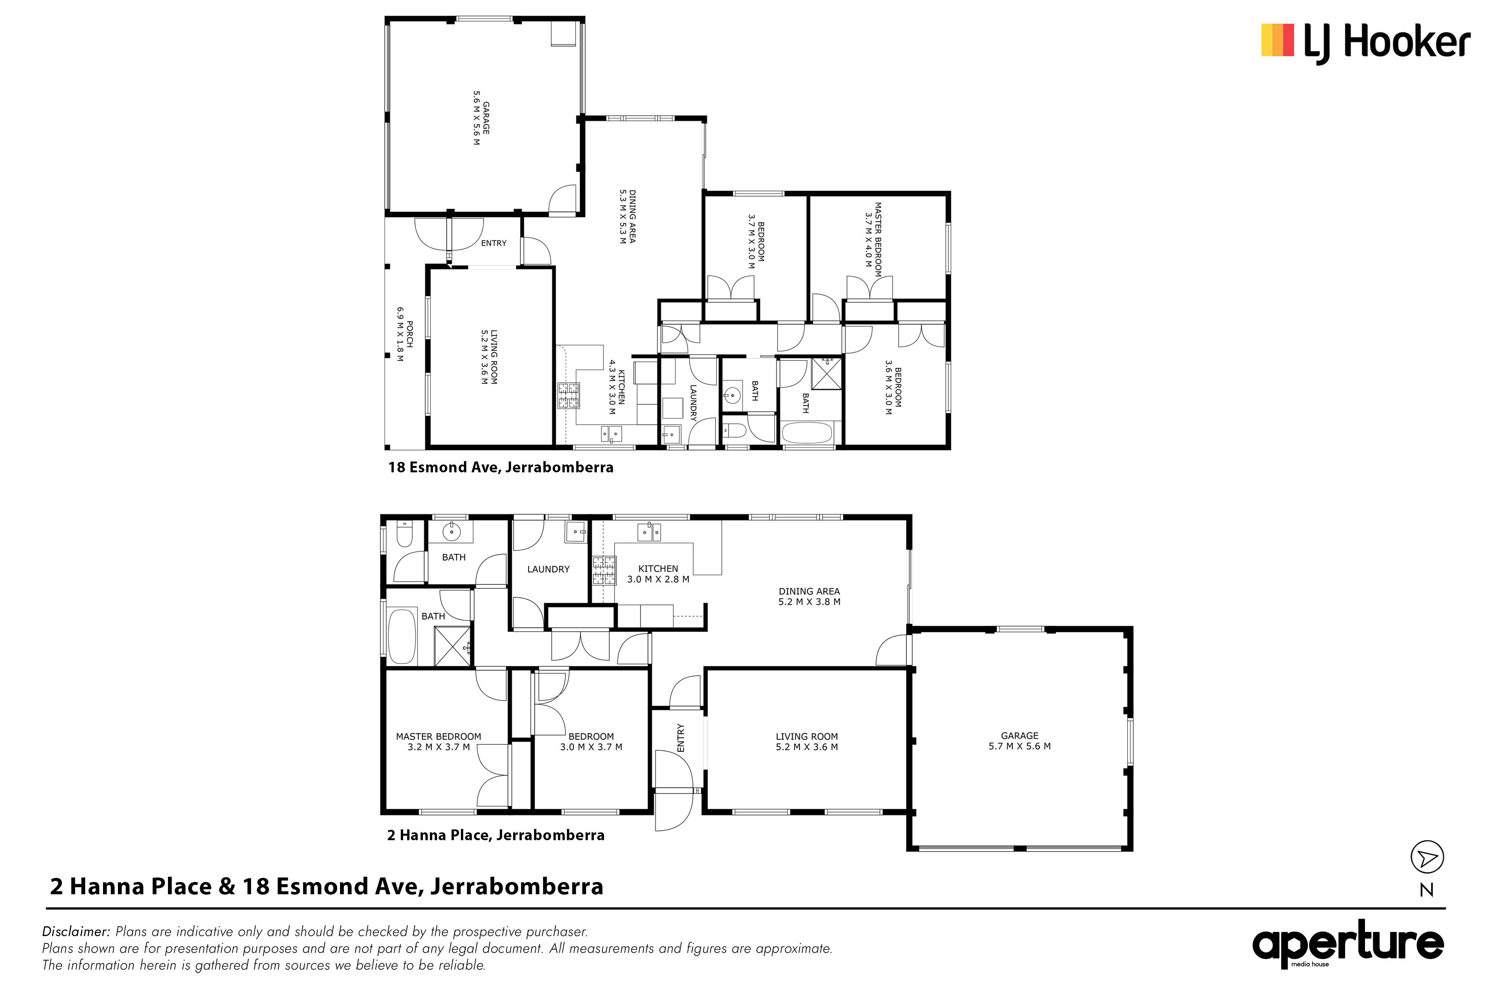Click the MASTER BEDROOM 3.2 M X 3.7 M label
coord(439,742)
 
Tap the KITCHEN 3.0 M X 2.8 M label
coord(658,574)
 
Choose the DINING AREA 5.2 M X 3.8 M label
coord(809,597)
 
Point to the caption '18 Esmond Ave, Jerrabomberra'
coord(501,468)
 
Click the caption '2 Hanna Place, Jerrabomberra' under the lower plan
coord(496,835)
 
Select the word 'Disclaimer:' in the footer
coord(76,932)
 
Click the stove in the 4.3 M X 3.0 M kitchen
coord(568,395)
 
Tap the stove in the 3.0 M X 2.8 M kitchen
coord(604,570)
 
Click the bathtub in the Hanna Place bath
coord(402,636)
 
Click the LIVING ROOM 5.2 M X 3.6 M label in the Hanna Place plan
coord(807,742)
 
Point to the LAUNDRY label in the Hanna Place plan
coord(548,569)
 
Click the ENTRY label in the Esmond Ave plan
coord(494,243)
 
